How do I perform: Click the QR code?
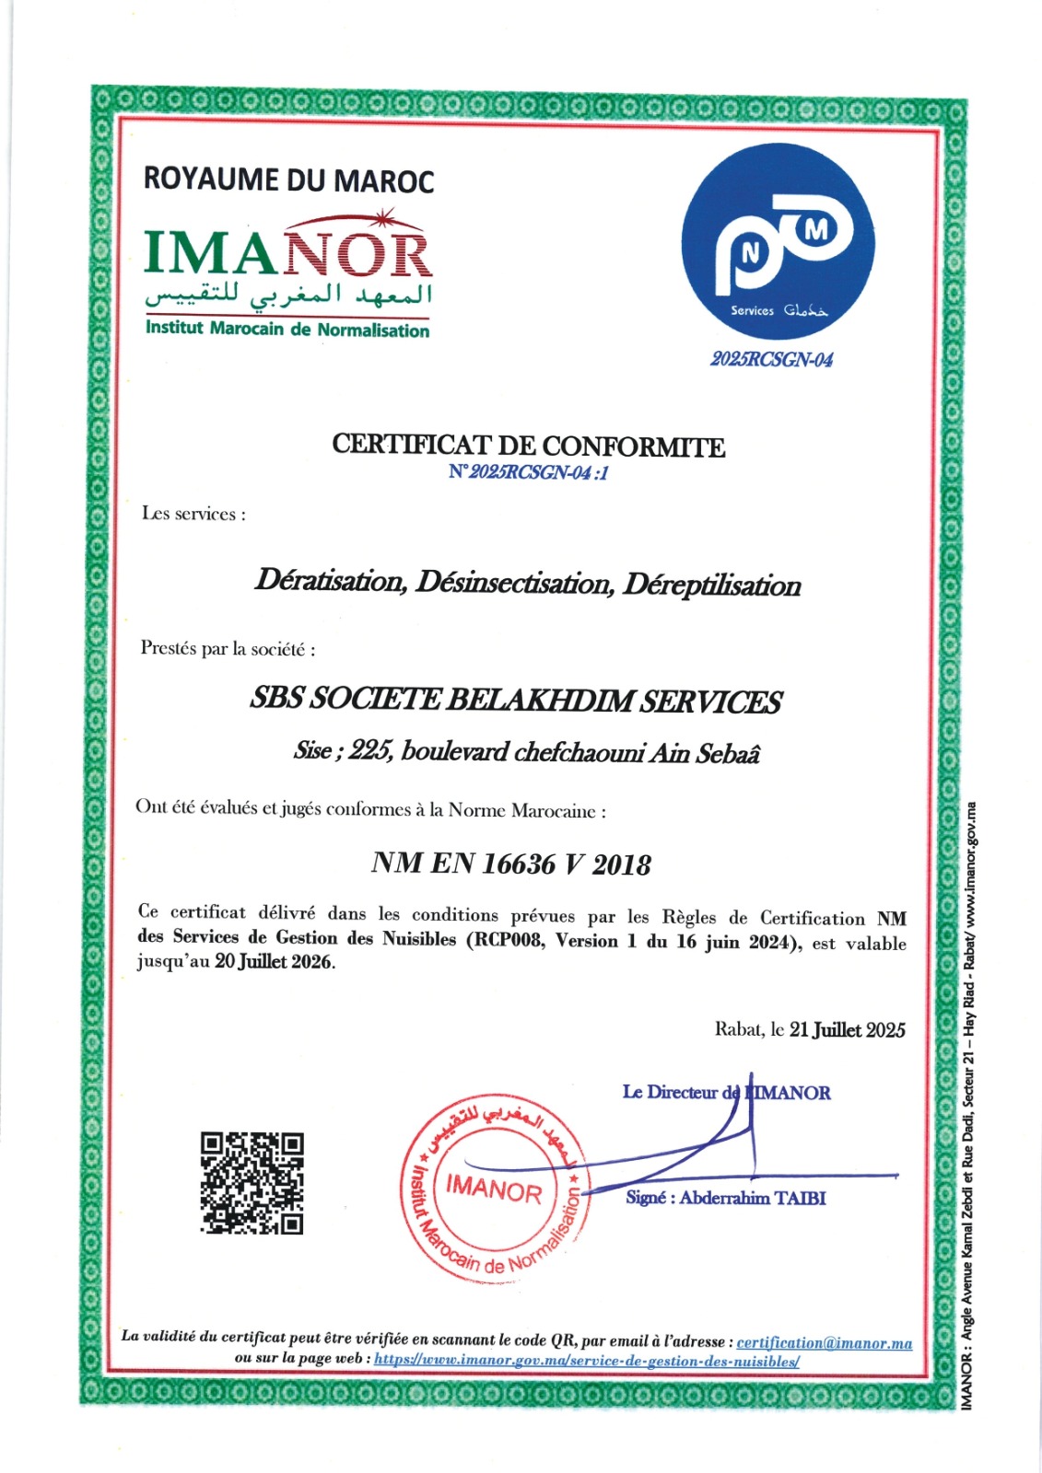click(252, 1183)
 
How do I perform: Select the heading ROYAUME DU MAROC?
click(288, 180)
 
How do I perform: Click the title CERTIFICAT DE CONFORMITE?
click(528, 447)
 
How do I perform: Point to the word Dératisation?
click(330, 581)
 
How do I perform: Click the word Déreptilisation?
click(711, 585)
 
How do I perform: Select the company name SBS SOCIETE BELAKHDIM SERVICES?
click(516, 701)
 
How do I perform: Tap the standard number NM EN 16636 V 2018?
click(510, 864)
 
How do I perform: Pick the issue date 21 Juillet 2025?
click(847, 1029)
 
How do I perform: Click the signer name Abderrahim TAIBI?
click(753, 1198)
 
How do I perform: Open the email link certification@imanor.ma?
click(824, 1343)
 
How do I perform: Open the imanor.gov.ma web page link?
click(586, 1360)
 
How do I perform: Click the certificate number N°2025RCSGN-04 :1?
click(528, 472)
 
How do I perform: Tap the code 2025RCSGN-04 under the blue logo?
click(771, 359)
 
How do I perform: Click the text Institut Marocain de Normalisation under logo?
click(287, 330)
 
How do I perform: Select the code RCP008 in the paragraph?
click(507, 940)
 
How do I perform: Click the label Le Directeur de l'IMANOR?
click(726, 1093)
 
